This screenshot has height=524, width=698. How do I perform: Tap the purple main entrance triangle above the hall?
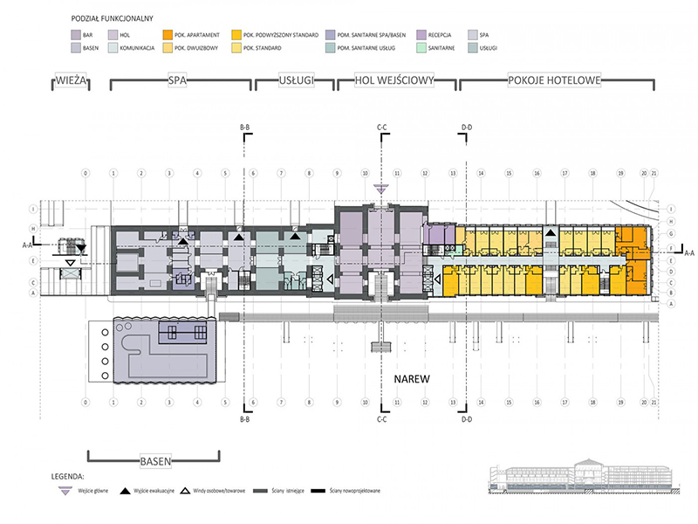tap(380, 188)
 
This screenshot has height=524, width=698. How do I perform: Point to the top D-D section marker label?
tap(466, 128)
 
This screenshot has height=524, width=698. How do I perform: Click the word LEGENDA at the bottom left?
tap(68, 479)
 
